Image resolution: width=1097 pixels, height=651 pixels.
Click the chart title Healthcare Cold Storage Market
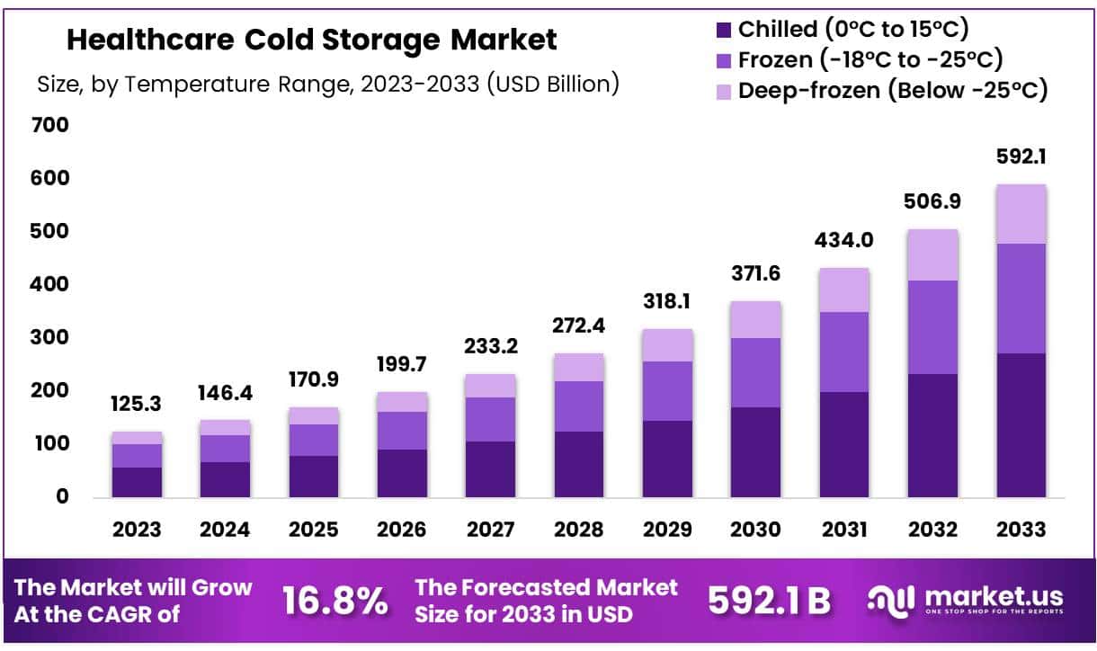point(311,40)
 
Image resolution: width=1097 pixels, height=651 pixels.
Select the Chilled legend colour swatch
point(724,30)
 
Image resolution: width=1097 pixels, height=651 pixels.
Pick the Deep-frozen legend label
point(893,91)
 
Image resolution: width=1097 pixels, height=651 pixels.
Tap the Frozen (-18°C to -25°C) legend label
point(870,60)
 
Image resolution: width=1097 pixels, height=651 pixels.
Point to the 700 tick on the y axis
point(49,125)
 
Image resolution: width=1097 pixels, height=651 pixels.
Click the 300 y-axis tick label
point(49,338)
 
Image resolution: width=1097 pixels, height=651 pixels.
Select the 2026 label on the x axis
point(402,530)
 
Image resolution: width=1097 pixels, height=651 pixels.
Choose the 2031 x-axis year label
point(844,530)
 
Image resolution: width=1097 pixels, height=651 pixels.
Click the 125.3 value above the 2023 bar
point(137,405)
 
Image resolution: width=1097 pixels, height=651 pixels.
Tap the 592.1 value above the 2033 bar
point(1021,156)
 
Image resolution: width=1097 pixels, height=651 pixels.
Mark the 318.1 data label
point(667,301)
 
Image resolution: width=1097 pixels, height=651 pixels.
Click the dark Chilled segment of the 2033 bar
point(1021,424)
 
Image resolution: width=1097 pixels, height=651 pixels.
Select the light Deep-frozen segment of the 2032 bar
point(932,255)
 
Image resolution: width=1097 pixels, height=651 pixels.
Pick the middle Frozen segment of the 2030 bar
point(755,372)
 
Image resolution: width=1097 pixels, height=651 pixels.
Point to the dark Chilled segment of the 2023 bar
point(137,482)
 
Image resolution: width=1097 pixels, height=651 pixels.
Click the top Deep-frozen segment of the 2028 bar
point(579,367)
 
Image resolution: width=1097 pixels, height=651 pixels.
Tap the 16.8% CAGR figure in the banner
point(334,601)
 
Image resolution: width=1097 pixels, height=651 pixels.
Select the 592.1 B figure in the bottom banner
point(769,601)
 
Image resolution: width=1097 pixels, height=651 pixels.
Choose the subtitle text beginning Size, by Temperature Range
point(327,84)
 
